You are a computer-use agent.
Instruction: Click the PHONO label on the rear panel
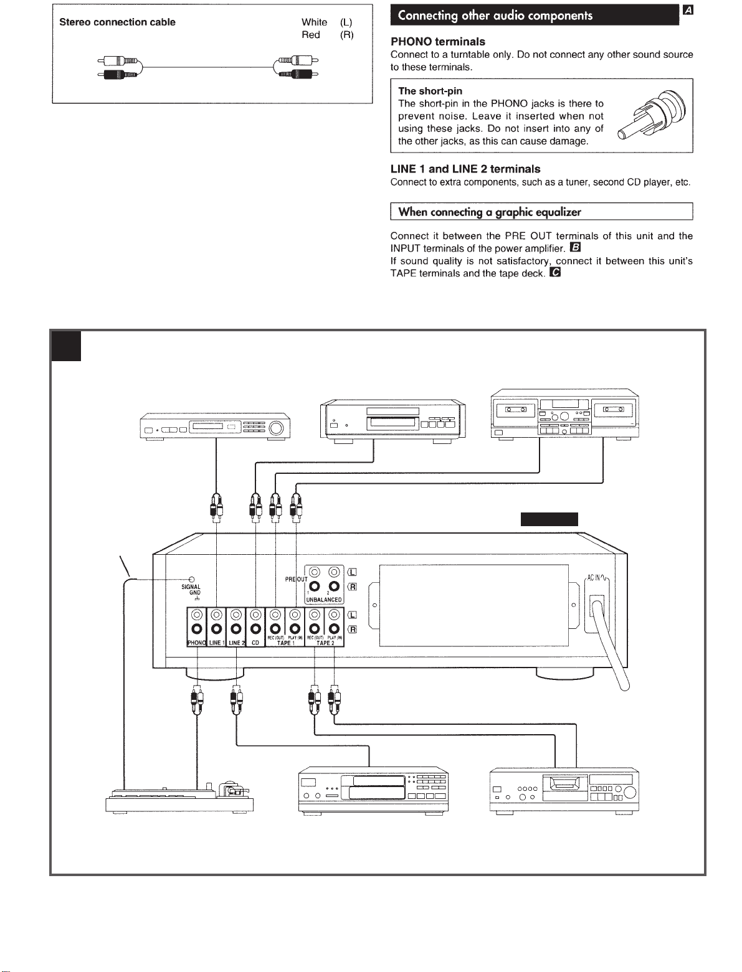tap(196, 642)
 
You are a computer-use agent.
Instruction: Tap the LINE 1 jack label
tap(216, 642)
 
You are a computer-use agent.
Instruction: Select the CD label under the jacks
tap(255, 642)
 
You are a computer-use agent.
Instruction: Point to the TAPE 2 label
tap(324, 643)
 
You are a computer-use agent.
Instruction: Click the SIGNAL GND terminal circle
tap(191, 579)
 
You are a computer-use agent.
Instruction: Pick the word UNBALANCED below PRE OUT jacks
tap(324, 600)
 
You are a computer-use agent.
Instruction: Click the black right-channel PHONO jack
tap(196, 629)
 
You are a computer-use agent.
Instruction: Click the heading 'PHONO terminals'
tap(437, 42)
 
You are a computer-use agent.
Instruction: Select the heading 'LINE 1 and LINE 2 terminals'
tap(465, 169)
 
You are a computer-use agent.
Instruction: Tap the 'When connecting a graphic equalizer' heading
tap(489, 212)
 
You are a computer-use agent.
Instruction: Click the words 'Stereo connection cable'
tap(117, 22)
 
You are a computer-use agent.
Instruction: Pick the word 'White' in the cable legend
tap(314, 22)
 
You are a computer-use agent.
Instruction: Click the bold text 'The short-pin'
tap(430, 91)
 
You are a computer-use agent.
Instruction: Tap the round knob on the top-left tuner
tap(276, 428)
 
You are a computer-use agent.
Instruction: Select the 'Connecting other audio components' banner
tap(495, 16)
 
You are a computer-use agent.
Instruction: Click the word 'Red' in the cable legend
tap(310, 35)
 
